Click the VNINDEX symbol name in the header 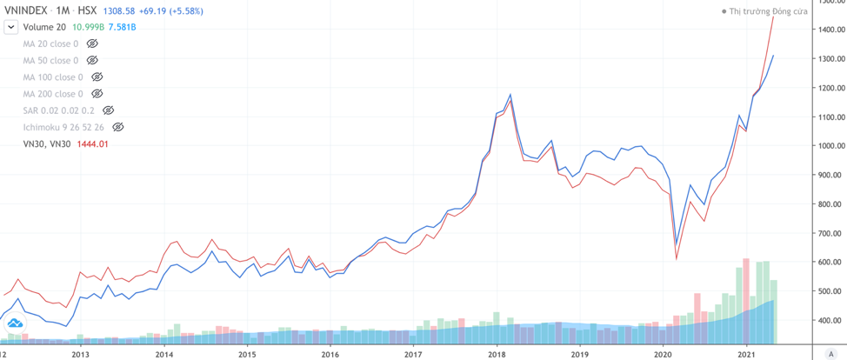pyautogui.click(x=26, y=10)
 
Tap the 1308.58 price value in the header pyautogui.click(x=121, y=10)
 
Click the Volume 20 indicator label pyautogui.click(x=43, y=27)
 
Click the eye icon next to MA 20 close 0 pyautogui.click(x=92, y=43)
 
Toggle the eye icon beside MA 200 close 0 pyautogui.click(x=97, y=94)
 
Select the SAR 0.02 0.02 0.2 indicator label pyautogui.click(x=58, y=110)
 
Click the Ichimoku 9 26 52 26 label pyautogui.click(x=63, y=127)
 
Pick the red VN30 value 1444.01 pyautogui.click(x=91, y=144)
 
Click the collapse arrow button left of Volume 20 pyautogui.click(x=10, y=27)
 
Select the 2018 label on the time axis pyautogui.click(x=497, y=354)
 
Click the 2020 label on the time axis pyautogui.click(x=664, y=354)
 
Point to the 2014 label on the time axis pyautogui.click(x=163, y=354)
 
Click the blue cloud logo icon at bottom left pyautogui.click(x=15, y=323)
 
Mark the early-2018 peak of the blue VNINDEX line pyautogui.click(x=510, y=94)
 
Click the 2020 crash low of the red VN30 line pyautogui.click(x=676, y=258)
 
